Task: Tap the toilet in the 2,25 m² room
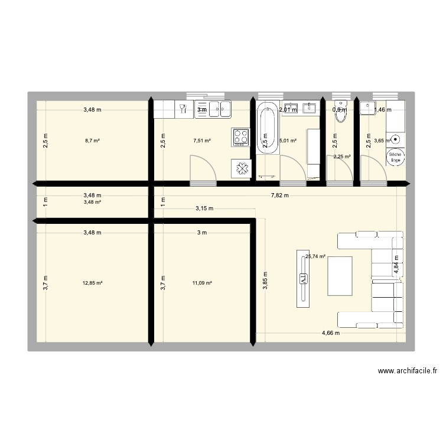[x=340, y=112]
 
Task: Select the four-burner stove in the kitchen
[x=240, y=137]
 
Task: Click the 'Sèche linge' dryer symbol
[x=395, y=157]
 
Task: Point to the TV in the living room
[x=304, y=278]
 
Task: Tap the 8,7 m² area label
[x=92, y=141]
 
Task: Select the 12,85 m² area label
[x=93, y=283]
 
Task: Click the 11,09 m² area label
[x=202, y=283]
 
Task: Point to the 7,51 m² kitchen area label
[x=202, y=141]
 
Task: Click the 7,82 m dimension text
[x=280, y=196]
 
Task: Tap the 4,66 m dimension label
[x=331, y=333]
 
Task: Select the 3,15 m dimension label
[x=206, y=209]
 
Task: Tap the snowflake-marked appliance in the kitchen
[x=241, y=168]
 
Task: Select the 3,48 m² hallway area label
[x=92, y=202]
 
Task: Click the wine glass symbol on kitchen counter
[x=183, y=108]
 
